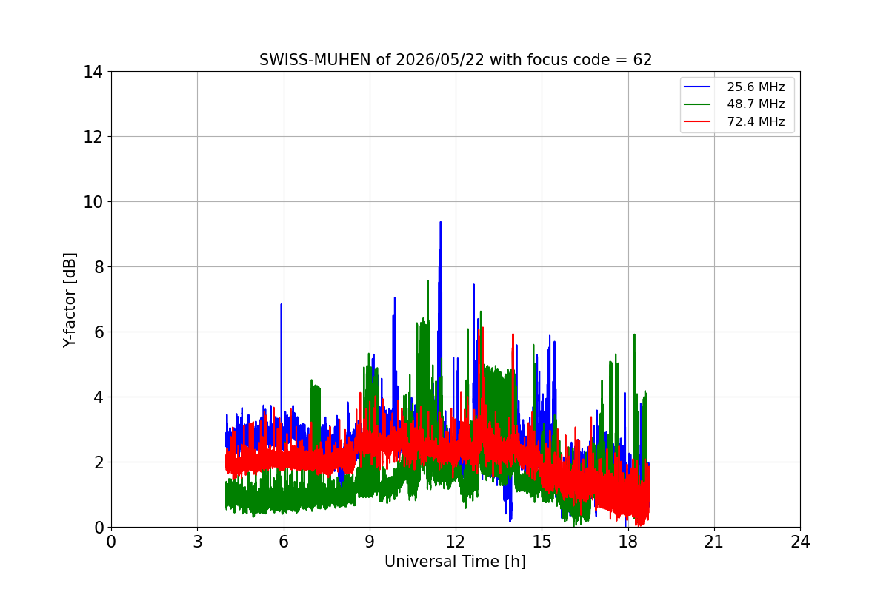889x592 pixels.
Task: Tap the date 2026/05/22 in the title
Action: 440,60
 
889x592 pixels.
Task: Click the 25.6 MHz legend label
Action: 756,87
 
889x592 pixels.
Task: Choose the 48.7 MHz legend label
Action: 756,104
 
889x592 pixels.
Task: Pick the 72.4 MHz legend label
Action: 756,121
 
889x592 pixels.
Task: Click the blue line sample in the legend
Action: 697,87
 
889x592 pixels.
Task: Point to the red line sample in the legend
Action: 697,121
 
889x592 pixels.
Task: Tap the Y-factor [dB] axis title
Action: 70,300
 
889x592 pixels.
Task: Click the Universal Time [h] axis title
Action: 455,562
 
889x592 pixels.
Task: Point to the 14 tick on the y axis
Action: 93,73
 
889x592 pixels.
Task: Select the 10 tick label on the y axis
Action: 93,202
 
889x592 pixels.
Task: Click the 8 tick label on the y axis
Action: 98,267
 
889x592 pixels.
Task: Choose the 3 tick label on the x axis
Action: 198,542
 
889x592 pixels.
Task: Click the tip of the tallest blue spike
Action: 441,223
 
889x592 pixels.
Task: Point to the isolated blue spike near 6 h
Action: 282,305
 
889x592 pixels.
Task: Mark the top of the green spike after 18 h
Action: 635,334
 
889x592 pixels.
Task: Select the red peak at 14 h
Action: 513,334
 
